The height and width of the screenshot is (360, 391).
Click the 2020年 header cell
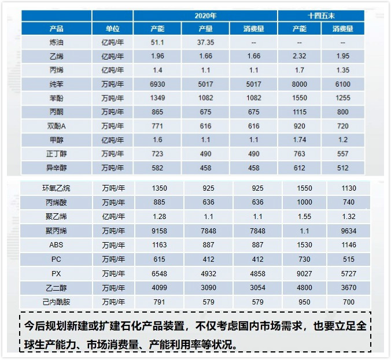[205, 16]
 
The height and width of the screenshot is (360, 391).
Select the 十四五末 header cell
[321, 16]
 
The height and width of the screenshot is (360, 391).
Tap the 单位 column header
[113, 28]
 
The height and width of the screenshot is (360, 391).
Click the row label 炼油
[57, 42]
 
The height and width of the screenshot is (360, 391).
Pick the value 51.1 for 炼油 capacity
[157, 42]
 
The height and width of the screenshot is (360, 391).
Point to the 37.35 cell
[205, 42]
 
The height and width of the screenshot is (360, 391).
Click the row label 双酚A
[57, 126]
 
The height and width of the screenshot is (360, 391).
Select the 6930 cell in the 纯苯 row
[157, 84]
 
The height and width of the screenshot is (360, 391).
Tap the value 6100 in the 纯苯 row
[342, 84]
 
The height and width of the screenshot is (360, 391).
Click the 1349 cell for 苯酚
[157, 98]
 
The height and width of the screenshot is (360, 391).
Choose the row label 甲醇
[57, 140]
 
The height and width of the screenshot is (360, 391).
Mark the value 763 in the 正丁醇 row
[299, 154]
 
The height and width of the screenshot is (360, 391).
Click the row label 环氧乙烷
[57, 188]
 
